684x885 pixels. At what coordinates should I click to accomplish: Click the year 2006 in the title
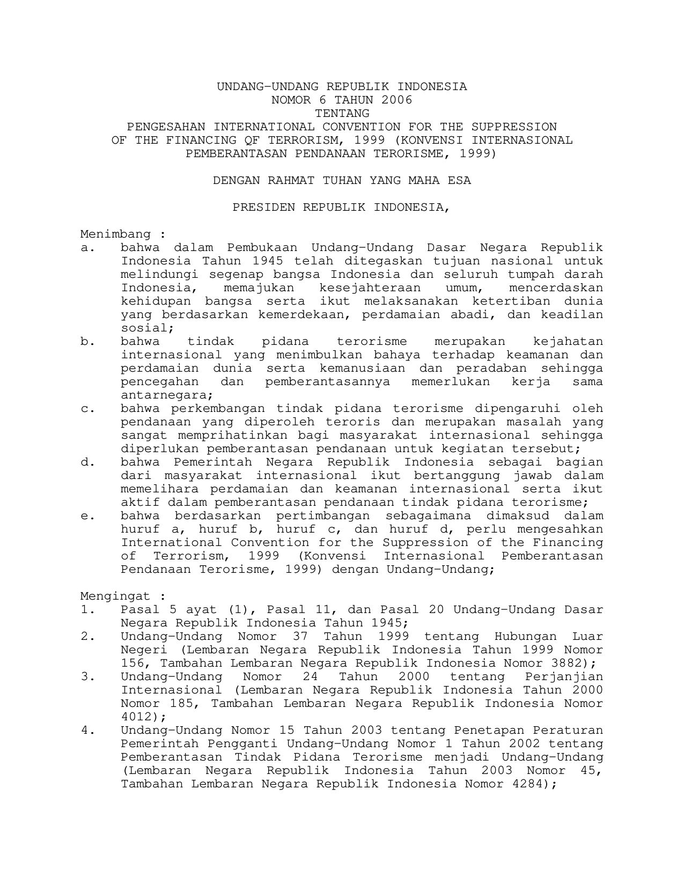(397, 100)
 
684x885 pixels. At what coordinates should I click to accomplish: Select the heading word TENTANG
(342, 114)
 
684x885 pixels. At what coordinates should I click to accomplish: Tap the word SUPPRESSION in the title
(514, 127)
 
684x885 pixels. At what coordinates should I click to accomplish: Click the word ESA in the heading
(459, 181)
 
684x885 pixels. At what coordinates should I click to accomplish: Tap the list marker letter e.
(85, 516)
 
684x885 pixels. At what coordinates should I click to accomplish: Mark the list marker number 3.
(85, 677)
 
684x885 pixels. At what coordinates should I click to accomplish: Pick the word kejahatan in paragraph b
(568, 342)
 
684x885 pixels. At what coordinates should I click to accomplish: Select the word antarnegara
(164, 395)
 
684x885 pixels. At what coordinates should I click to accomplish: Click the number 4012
(137, 717)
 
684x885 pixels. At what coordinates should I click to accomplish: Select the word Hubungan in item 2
(526, 637)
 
